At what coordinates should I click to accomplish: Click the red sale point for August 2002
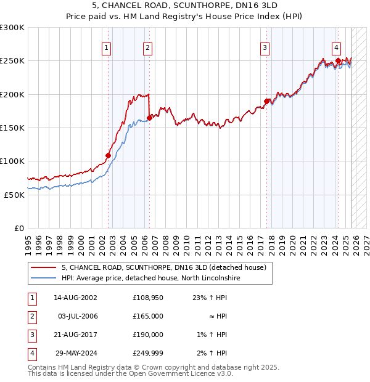[x=108, y=155]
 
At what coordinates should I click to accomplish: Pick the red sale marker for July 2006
[x=149, y=118]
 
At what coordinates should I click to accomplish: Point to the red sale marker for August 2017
[x=266, y=101]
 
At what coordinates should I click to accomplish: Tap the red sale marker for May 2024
[x=338, y=60]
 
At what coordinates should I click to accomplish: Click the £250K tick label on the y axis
[x=12, y=61]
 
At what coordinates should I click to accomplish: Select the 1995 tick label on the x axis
[x=28, y=241]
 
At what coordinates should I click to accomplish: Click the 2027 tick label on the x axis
[x=365, y=241]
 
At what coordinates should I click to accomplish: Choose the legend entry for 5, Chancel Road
[x=163, y=268]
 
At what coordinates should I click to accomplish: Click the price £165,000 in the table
[x=148, y=316]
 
